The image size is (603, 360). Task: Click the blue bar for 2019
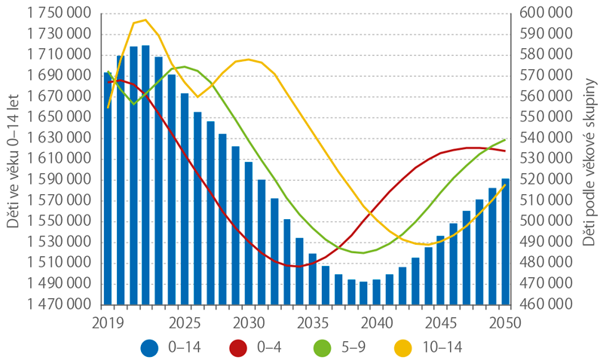[x=108, y=188]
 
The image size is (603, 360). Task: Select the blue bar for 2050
[x=505, y=241]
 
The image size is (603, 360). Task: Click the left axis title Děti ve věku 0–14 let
[x=13, y=160]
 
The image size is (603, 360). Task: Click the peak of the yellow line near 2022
[x=145, y=20]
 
